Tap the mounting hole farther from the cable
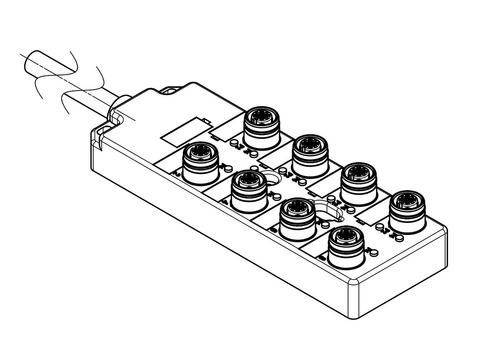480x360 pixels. click(x=324, y=210)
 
